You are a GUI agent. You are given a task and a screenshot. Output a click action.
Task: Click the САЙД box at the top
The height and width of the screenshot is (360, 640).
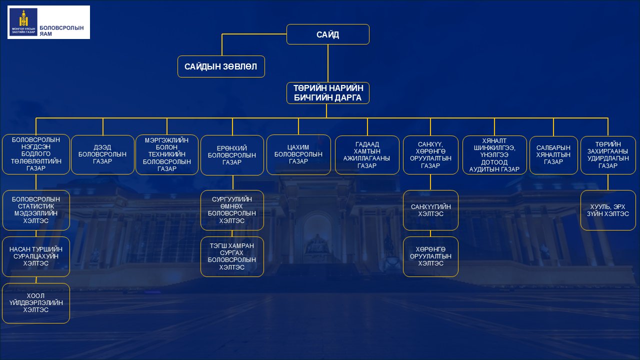coord(327,34)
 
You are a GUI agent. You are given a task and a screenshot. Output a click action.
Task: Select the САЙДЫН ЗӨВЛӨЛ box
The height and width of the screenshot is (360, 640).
coord(221,66)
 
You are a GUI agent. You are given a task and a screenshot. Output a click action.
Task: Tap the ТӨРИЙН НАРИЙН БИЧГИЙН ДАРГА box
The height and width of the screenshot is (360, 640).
coord(327,93)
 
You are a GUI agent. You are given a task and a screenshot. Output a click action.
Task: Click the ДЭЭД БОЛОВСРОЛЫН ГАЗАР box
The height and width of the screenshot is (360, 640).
coord(103,155)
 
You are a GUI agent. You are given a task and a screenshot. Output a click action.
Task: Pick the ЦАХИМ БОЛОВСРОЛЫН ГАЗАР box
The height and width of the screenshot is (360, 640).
coord(298,155)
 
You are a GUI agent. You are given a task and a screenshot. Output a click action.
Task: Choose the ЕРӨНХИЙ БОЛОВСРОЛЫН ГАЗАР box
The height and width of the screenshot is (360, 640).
coord(232,155)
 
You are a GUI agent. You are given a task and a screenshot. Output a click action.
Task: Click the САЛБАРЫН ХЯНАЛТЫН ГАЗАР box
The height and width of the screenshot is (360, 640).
coord(553,155)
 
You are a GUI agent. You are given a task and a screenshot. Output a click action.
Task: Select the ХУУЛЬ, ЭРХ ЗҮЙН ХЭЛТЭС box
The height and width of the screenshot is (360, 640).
coord(608,210)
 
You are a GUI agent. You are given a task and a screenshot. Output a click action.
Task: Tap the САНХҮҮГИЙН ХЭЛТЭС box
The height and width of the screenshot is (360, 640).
coord(430,210)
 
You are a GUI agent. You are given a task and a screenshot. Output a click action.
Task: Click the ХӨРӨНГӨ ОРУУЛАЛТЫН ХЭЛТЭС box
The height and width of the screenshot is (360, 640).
coord(430,256)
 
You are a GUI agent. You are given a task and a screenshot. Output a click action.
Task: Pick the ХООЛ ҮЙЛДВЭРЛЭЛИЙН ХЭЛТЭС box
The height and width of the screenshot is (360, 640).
coord(36,303)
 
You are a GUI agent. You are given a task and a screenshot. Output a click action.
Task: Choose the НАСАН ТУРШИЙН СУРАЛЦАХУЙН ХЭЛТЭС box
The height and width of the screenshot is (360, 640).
coord(36,256)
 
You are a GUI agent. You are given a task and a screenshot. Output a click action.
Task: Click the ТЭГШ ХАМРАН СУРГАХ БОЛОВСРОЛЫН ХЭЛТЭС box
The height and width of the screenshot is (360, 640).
coord(232,256)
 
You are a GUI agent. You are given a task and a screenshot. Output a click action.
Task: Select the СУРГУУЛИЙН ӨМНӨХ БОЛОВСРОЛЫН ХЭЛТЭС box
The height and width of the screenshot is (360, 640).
coord(232,210)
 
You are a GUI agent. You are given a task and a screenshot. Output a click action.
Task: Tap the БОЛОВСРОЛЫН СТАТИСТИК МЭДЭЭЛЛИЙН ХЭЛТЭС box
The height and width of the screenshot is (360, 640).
coord(36,210)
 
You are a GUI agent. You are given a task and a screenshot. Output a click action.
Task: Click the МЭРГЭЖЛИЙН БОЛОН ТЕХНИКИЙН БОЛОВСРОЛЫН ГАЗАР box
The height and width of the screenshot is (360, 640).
coord(167,155)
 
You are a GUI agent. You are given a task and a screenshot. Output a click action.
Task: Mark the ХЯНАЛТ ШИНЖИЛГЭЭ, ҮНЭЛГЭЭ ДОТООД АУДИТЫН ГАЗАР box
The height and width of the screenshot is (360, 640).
coord(494,155)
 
